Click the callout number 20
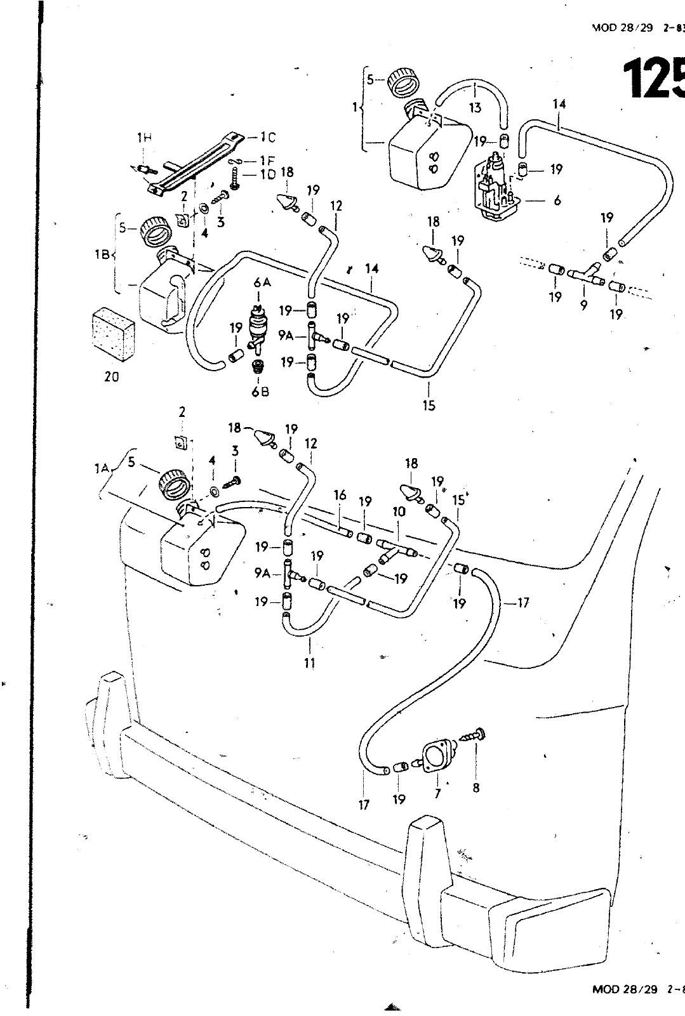[112, 376]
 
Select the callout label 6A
[262, 283]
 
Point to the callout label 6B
[260, 392]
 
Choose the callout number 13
[475, 108]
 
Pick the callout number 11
[310, 663]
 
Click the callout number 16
[340, 496]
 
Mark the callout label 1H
[144, 137]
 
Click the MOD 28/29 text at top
[622, 28]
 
